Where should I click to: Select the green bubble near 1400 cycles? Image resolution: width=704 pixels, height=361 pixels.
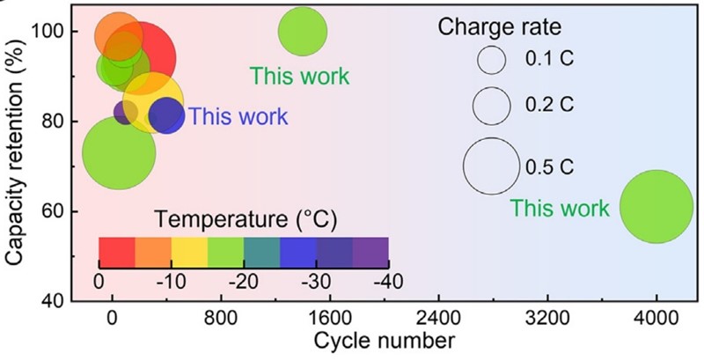[x=302, y=32]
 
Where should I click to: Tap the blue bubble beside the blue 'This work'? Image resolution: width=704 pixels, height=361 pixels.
[x=166, y=116]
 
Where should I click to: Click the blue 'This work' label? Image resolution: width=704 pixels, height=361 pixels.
[x=238, y=115]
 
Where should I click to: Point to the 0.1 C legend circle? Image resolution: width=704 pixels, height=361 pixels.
[x=491, y=60]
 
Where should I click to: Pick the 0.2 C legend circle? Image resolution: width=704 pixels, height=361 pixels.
[x=491, y=106]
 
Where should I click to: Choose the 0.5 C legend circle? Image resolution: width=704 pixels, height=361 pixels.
[x=491, y=166]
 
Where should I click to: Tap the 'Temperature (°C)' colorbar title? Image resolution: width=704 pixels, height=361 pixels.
[x=244, y=217]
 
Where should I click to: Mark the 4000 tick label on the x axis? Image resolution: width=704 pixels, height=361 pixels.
[x=656, y=317]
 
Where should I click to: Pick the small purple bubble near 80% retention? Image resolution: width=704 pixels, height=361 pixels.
[x=125, y=112]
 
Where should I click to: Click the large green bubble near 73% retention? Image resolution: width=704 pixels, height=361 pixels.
[x=119, y=152]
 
